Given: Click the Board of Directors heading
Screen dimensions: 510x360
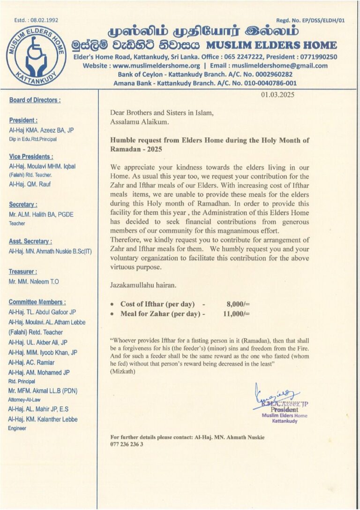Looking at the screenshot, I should pos(35,100).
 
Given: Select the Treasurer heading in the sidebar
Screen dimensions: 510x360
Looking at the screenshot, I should pos(22,272).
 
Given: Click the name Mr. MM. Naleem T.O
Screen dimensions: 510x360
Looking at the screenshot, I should pos(34,282).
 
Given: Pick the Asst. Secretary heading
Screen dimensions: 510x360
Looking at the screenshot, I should pos(29,241).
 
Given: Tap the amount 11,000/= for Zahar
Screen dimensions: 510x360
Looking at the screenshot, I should pos(236,314).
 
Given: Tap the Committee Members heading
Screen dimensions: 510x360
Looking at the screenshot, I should pos(37,302).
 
